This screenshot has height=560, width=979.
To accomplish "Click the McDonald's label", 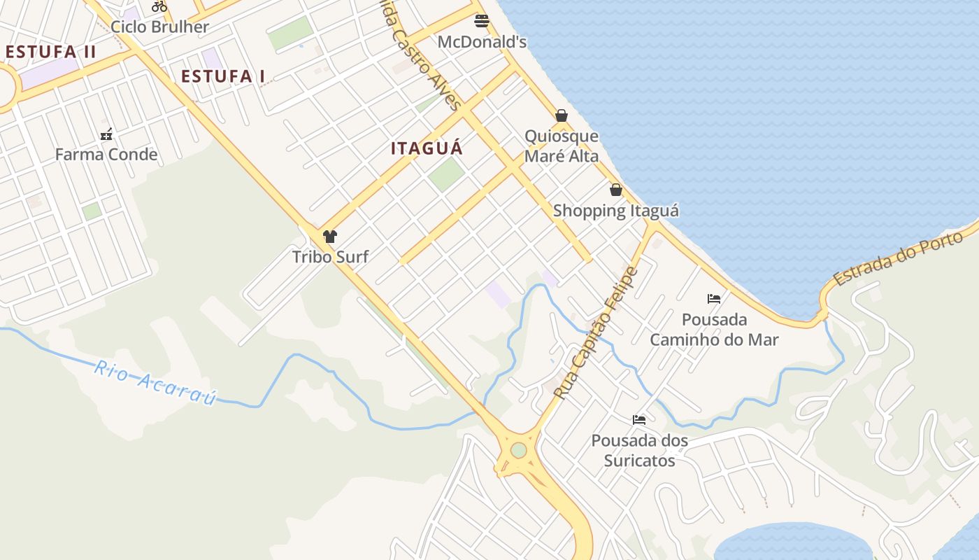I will tap(482, 42).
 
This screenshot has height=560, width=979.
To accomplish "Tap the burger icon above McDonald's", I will tap(481, 20).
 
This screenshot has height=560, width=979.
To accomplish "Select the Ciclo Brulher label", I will tap(160, 27).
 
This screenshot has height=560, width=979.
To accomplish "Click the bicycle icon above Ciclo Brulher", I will tap(159, 6).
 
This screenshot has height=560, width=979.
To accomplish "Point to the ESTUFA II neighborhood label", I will tap(50, 52).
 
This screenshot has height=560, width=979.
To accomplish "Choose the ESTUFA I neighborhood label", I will tap(223, 76).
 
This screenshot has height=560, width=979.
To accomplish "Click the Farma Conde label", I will tap(106, 154).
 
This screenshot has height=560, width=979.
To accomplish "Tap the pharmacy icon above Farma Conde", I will tap(106, 134).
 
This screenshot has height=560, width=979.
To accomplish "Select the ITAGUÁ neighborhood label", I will tap(427, 148).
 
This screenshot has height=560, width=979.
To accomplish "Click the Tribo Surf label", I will tap(330, 256).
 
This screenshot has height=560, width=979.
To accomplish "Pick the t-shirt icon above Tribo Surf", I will tap(330, 236).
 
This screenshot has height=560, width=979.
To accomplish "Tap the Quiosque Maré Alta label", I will tap(562, 146).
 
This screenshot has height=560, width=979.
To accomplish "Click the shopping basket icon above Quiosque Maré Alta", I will tap(562, 115).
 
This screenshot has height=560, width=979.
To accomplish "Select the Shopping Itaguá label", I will tap(616, 211).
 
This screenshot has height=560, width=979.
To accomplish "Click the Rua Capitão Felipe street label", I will tap(596, 333).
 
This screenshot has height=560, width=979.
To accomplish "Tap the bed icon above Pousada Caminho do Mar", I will tap(714, 299).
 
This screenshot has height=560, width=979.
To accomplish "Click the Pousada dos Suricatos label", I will tap(640, 451).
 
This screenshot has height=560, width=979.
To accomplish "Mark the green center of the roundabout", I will tap(518, 450).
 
